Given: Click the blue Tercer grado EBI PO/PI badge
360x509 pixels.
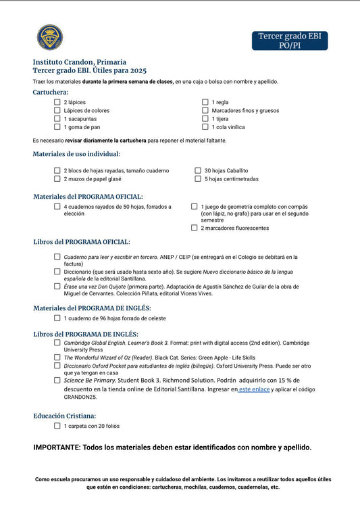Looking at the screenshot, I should pyautogui.click(x=290, y=41).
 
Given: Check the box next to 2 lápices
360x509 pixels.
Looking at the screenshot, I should pyautogui.click(x=57, y=102).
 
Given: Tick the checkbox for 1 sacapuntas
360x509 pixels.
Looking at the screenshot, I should pyautogui.click(x=57, y=118).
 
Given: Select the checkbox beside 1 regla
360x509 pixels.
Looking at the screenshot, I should pyautogui.click(x=205, y=102).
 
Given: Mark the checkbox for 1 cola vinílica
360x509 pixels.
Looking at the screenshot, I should pyautogui.click(x=205, y=126).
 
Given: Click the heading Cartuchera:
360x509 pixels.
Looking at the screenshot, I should pyautogui.click(x=51, y=92).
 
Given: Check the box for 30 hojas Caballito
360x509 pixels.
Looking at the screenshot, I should pyautogui.click(x=198, y=171).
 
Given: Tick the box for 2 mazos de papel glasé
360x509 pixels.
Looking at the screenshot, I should pyautogui.click(x=57, y=179).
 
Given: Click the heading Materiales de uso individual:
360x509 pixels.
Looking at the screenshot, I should pyautogui.click(x=76, y=154).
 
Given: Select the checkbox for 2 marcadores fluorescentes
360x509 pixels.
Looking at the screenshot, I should pyautogui.click(x=195, y=228).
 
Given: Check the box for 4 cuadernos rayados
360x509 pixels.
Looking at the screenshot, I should pyautogui.click(x=57, y=206).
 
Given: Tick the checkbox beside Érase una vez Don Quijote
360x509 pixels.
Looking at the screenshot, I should pyautogui.click(x=57, y=286).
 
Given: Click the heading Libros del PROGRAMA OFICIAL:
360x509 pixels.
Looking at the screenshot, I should pyautogui.click(x=82, y=242).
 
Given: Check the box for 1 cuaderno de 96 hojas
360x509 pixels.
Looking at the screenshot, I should pyautogui.click(x=57, y=318).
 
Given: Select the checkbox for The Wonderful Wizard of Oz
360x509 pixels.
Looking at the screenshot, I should pyautogui.click(x=57, y=356).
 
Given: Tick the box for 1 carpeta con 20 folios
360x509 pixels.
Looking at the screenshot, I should pyautogui.click(x=57, y=426).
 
